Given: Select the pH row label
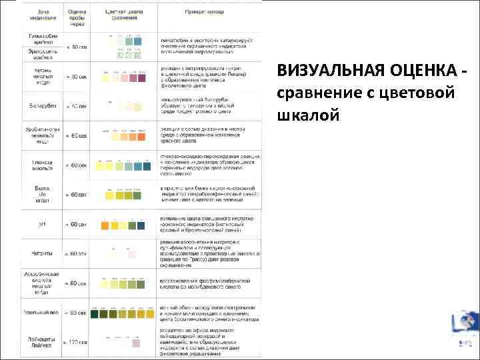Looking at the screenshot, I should [41, 225].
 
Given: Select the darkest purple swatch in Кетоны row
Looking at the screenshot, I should [142, 78].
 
